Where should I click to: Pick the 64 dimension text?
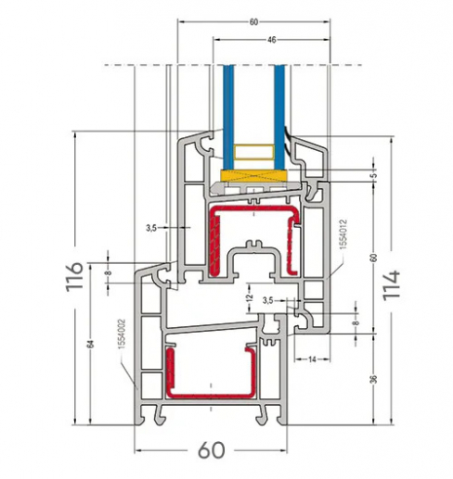(x=91, y=344)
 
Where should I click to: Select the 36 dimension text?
(x=372, y=380)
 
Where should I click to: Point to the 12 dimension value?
(x=249, y=297)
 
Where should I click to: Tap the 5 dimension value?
(x=373, y=174)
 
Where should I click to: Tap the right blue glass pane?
(x=279, y=107)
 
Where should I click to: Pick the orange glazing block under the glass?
(x=253, y=175)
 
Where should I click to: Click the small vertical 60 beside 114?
(x=372, y=258)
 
